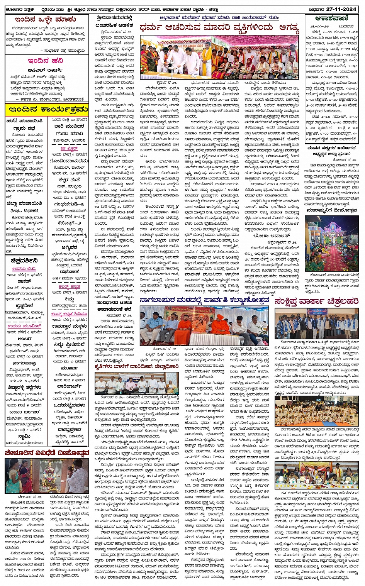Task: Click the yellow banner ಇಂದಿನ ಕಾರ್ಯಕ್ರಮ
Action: (47, 109)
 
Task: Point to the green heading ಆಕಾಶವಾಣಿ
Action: (332, 19)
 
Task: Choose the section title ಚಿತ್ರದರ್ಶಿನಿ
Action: (24, 261)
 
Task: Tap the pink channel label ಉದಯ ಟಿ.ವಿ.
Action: (24, 269)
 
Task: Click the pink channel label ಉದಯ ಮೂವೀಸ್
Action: (24, 326)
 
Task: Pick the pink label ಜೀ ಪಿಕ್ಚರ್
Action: (69, 148)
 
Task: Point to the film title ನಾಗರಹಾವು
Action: (24, 363)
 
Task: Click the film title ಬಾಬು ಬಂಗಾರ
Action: (24, 412)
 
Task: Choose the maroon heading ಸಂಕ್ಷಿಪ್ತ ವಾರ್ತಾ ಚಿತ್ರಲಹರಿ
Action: (316, 301)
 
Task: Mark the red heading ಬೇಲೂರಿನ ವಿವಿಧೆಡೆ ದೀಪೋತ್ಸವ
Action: (47, 453)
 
